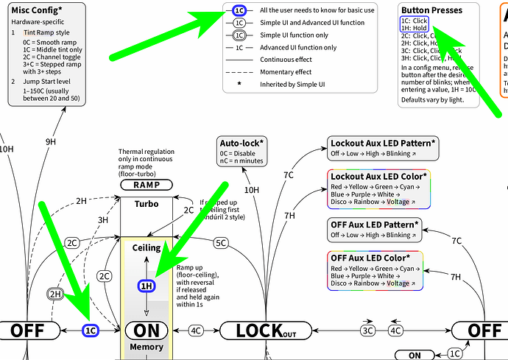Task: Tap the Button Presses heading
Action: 432,11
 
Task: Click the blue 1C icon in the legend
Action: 239,10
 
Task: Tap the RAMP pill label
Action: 147,186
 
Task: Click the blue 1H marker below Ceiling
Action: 147,286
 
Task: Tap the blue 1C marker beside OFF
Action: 91,331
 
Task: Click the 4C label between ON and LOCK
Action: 196,331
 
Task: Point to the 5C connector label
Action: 221,242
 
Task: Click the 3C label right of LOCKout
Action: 367,331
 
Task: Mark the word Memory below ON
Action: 146,347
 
